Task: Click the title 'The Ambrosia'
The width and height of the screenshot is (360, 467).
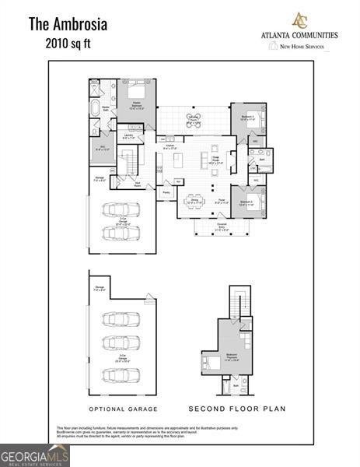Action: coord(68,23)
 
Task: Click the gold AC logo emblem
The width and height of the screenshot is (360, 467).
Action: coord(299,20)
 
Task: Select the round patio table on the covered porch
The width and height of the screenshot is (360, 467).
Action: coord(194,120)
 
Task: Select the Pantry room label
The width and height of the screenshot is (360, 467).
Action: coord(166,191)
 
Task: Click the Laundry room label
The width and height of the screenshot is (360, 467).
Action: coord(129,137)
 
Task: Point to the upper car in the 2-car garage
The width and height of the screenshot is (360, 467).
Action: coord(122,210)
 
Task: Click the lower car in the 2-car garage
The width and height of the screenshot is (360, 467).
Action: coord(122,233)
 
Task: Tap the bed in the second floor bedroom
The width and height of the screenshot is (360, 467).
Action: coord(213,362)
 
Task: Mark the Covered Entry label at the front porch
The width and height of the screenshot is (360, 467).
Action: coord(222,228)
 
